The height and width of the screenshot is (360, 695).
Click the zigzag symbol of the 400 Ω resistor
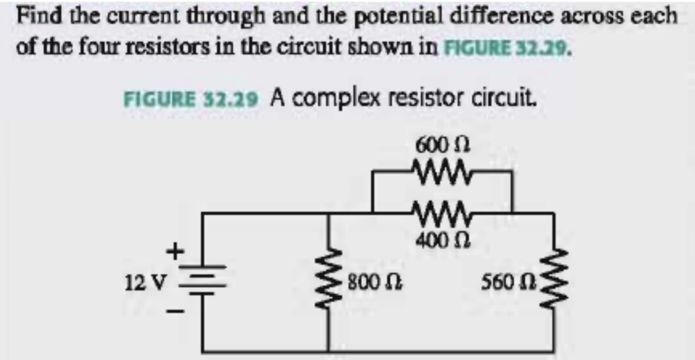coord(443,211)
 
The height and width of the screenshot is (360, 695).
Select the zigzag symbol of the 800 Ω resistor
coord(328,281)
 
